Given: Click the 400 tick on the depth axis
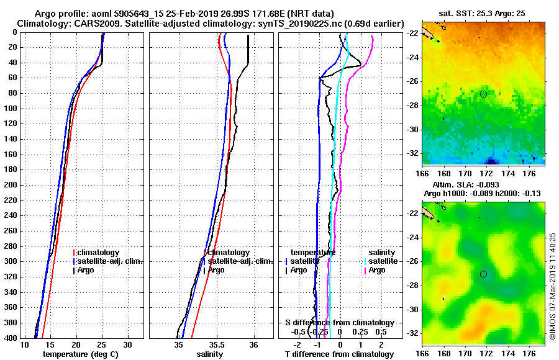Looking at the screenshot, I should click(11, 338).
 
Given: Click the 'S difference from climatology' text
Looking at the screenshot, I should click(340, 323).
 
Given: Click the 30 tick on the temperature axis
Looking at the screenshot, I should click(127, 344).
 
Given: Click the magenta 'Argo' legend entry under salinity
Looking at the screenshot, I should click(378, 270).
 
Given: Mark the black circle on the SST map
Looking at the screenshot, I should click(483, 94).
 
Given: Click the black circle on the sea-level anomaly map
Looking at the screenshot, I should click(483, 274).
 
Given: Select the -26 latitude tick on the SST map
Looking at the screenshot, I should click(414, 81).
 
